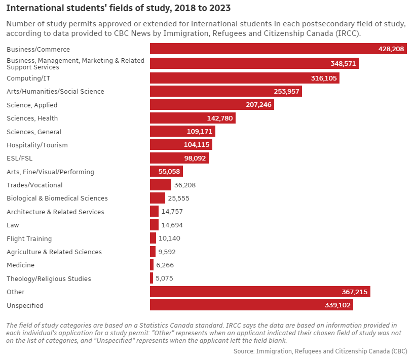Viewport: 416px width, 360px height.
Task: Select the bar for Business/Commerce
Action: [278, 49]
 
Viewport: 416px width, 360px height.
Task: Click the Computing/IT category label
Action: [28, 78]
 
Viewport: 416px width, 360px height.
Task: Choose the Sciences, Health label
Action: [32, 118]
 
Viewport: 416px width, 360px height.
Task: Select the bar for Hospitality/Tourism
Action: [181, 145]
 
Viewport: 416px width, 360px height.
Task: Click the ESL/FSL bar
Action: [179, 158]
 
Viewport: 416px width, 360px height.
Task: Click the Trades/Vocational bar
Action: [161, 185]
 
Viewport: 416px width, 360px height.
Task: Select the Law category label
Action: [13, 225]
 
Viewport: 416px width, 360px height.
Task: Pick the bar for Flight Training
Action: [153, 238]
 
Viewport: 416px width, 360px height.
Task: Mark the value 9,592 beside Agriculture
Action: [167, 252]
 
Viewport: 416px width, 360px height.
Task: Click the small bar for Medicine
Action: [152, 265]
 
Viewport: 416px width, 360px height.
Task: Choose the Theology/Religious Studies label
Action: [49, 278]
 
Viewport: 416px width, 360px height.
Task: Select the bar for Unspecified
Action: [251, 305]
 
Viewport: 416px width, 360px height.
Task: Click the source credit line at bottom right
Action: [320, 351]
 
